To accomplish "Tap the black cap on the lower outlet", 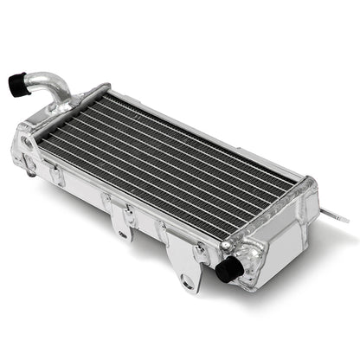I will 228,270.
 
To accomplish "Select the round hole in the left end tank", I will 32,143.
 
